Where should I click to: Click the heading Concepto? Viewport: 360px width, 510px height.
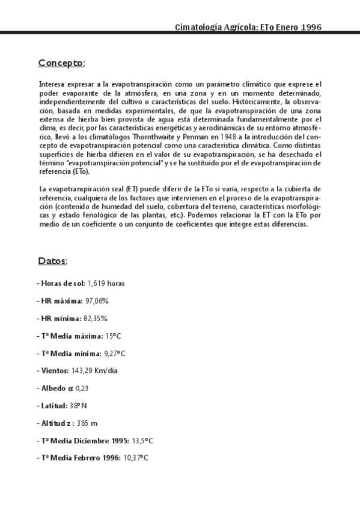coord(61,63)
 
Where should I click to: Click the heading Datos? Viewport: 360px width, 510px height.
coord(53,261)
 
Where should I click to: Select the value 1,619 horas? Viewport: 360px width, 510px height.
coord(106,283)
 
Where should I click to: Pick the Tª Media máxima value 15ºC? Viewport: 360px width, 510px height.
coord(112,335)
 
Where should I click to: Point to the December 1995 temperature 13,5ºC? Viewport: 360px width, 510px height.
coord(142,440)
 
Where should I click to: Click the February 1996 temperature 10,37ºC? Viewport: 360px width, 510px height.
coord(135,458)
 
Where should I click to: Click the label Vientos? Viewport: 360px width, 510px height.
coord(53,370)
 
